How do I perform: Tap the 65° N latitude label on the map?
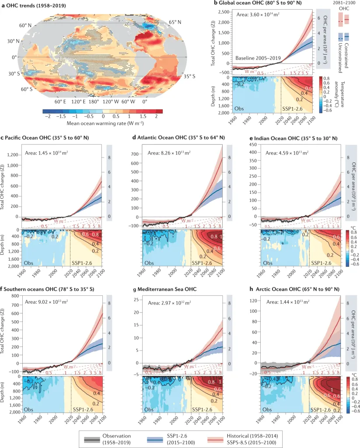pyautogui.click(x=176, y=22)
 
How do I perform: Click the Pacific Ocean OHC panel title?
pyautogui.click(x=49, y=138)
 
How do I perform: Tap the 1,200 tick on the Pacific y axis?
pyautogui.click(x=13, y=155)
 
